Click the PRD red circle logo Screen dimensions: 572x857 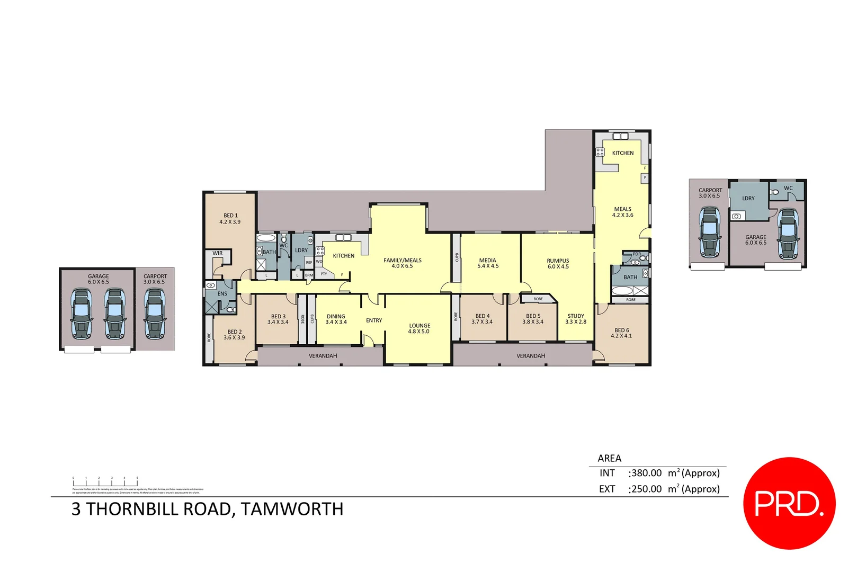(789, 503)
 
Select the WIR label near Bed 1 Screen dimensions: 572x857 (218, 253)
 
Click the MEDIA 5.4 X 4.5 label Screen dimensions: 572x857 (488, 263)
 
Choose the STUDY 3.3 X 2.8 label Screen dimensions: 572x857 (576, 319)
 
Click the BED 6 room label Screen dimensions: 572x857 (621, 333)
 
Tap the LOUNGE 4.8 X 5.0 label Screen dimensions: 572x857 (419, 328)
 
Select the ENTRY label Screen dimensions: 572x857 (374, 320)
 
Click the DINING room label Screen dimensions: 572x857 (336, 319)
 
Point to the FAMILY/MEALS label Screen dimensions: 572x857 (403, 263)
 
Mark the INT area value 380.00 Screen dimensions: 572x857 (646, 473)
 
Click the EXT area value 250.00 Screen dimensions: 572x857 (646, 489)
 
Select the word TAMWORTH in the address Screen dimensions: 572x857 (292, 509)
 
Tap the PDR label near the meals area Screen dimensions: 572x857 (637, 254)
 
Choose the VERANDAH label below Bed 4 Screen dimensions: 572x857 (531, 356)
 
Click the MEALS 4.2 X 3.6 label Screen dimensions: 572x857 (622, 212)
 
